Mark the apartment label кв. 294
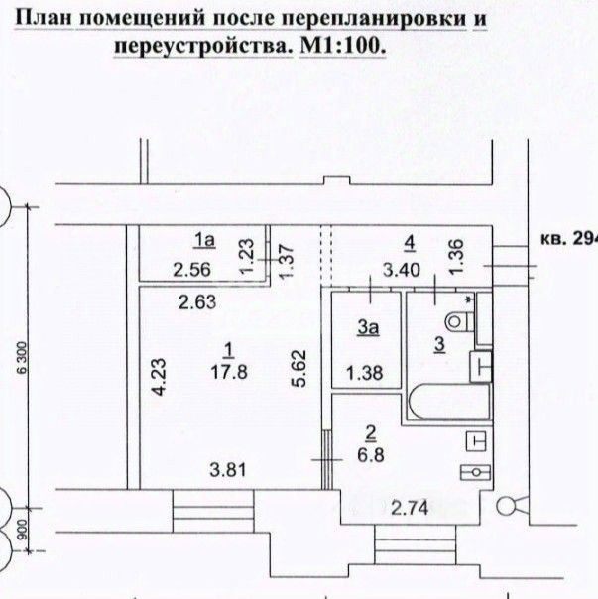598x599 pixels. coord(566,238)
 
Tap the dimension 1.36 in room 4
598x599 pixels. coord(457,256)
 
